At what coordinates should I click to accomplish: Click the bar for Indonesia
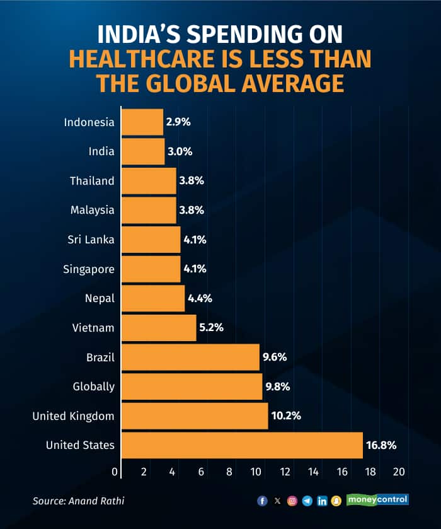pos(142,122)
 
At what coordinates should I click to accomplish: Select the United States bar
pos(242,445)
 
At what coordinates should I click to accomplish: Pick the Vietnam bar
pos(159,328)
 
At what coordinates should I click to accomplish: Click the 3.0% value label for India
pos(180,151)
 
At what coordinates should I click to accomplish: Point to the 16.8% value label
pos(381,445)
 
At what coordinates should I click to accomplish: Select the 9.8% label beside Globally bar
pos(277,387)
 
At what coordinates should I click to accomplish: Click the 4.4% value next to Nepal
pos(200,298)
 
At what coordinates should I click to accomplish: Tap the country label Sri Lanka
pos(91,240)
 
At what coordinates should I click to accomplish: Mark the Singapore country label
pos(89,269)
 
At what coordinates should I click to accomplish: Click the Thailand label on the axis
pos(92,181)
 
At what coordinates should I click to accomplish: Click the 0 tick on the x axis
pos(115,472)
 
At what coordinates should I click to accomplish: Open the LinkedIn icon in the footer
pos(322,501)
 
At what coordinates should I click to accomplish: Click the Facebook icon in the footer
pos(263,501)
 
